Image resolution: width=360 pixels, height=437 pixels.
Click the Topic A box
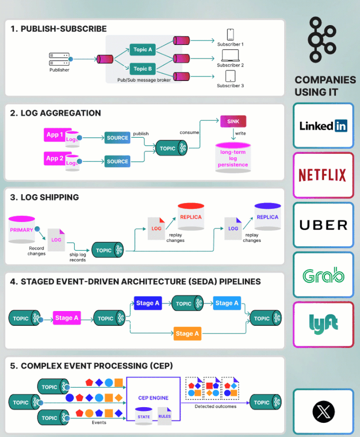pyautogui.click(x=143, y=50)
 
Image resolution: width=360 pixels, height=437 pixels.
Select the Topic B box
pyautogui.click(x=143, y=69)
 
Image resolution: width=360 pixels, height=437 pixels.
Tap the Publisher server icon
pyautogui.click(x=59, y=59)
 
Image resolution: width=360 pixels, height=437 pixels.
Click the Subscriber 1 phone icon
pyautogui.click(x=230, y=35)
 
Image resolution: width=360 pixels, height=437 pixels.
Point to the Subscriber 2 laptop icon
pyautogui.click(x=230, y=55)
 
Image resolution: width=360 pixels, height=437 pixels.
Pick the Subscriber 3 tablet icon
pyautogui.click(x=230, y=76)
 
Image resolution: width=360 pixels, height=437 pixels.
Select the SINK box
pyautogui.click(x=233, y=122)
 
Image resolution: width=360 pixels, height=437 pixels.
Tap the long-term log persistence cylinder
pyautogui.click(x=233, y=157)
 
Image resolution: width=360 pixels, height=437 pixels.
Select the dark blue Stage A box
pyautogui.click(x=148, y=303)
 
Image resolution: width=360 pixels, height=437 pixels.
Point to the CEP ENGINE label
pyautogui.click(x=153, y=398)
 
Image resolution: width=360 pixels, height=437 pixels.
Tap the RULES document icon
pyautogui.click(x=164, y=416)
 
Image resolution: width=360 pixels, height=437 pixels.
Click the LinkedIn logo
pyautogui.click(x=324, y=126)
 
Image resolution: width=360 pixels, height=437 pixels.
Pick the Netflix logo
pyautogui.click(x=324, y=175)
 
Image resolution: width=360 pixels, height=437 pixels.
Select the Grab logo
pyautogui.click(x=324, y=275)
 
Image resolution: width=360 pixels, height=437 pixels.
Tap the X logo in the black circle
pyautogui.click(x=324, y=411)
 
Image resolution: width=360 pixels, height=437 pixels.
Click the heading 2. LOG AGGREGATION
pyautogui.click(x=55, y=113)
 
